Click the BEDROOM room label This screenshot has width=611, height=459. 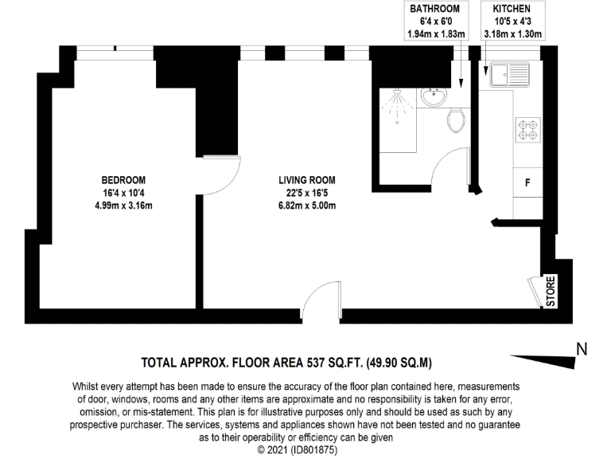tap(123, 180)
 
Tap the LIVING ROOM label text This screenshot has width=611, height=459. tap(299, 180)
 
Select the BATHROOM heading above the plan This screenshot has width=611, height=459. tap(434, 9)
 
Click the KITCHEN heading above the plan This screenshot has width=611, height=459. tap(512, 9)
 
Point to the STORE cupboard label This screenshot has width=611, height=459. tap(550, 291)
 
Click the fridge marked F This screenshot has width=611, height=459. tap(527, 182)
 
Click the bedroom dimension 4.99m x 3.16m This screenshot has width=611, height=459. tap(123, 206)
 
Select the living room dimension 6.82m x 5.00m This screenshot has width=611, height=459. tap(299, 206)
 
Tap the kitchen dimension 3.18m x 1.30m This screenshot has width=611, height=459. tap(512, 34)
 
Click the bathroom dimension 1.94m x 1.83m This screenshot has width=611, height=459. tap(434, 34)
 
